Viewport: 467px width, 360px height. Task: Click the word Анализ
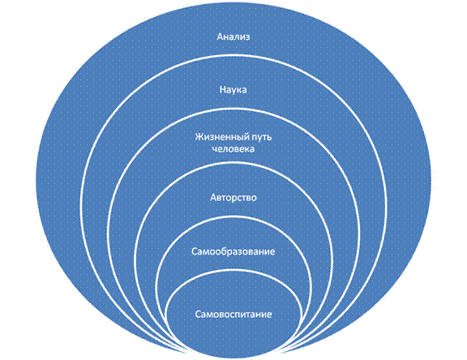233,37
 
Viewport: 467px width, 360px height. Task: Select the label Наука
233,90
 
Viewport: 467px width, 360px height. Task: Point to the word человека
233,149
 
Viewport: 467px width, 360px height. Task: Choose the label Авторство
233,198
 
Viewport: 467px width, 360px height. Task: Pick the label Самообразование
233,251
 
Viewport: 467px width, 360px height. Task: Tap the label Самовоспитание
233,315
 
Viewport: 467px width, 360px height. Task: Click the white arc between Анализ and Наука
233,56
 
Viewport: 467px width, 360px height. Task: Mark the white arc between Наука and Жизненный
233,109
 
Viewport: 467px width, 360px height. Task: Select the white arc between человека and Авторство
233,163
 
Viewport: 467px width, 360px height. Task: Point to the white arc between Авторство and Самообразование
233,216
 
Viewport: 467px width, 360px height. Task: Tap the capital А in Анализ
221,37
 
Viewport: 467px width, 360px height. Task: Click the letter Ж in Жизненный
199,137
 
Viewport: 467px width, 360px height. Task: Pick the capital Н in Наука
223,90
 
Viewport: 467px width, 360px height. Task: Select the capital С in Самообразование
195,252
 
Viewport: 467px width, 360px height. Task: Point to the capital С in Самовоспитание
199,315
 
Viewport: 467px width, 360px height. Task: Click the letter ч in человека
216,149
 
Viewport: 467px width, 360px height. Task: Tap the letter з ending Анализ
247,38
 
